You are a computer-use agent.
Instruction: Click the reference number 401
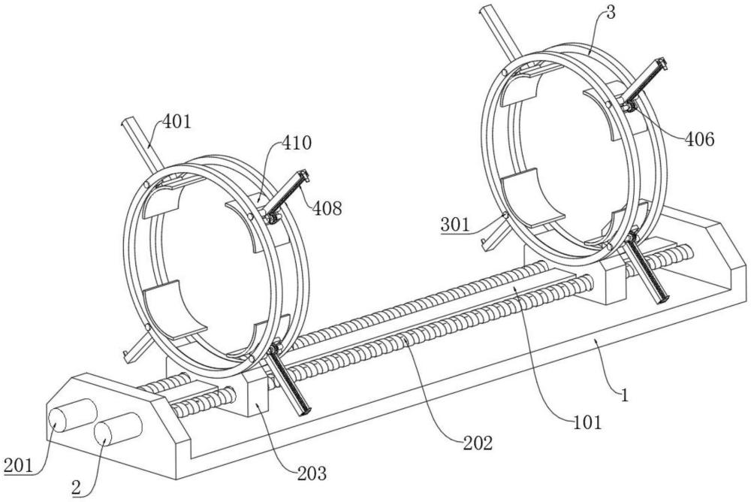coord(176,122)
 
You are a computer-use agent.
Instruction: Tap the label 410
coord(297,142)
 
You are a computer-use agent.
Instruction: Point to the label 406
coord(698,139)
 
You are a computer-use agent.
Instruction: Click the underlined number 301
coord(456,225)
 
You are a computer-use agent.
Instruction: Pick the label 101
coord(588,422)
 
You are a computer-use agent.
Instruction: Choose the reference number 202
coord(478,443)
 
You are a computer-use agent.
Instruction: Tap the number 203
coord(312,473)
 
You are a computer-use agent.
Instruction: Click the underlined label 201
coord(19,465)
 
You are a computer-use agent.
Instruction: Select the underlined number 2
coord(76,488)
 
